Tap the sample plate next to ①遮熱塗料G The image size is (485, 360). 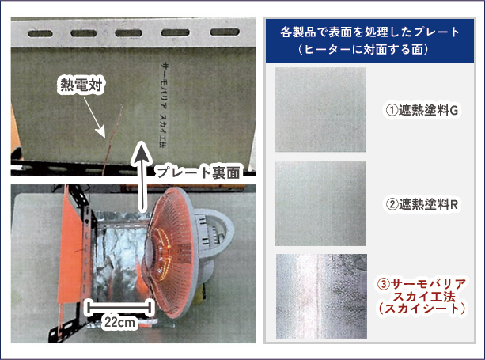tap(320, 109)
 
